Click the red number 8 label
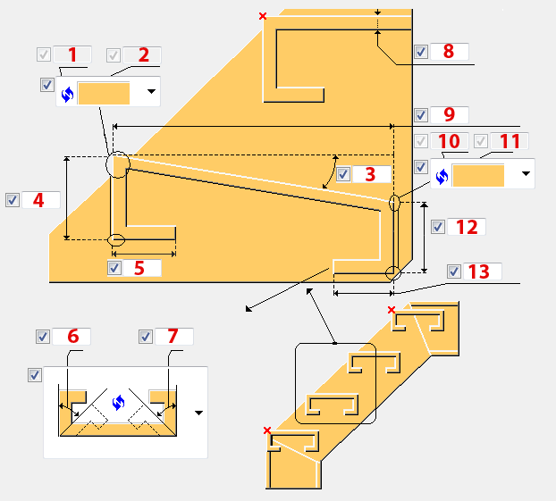click(448, 52)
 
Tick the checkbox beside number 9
click(421, 115)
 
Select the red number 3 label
click(370, 174)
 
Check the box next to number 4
click(13, 200)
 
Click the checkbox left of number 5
click(114, 268)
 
